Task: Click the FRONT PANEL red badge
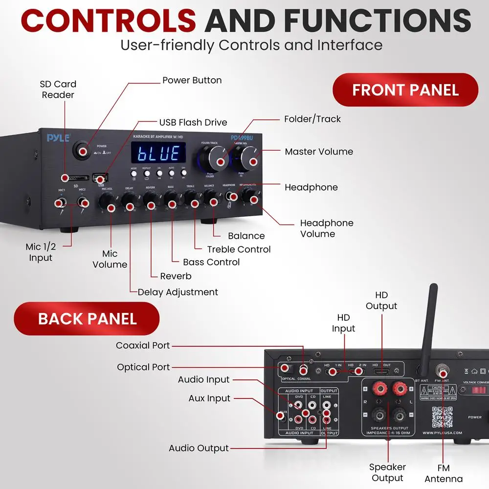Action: click(405, 90)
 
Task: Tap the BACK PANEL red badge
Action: click(87, 318)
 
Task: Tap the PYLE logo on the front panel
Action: click(58, 138)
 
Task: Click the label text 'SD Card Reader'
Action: click(58, 89)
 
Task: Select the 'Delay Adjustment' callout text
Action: click(178, 292)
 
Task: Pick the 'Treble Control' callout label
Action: click(238, 249)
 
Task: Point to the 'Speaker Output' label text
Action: click(387, 472)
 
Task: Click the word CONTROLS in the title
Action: click(109, 22)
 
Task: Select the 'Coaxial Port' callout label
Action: click(143, 345)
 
